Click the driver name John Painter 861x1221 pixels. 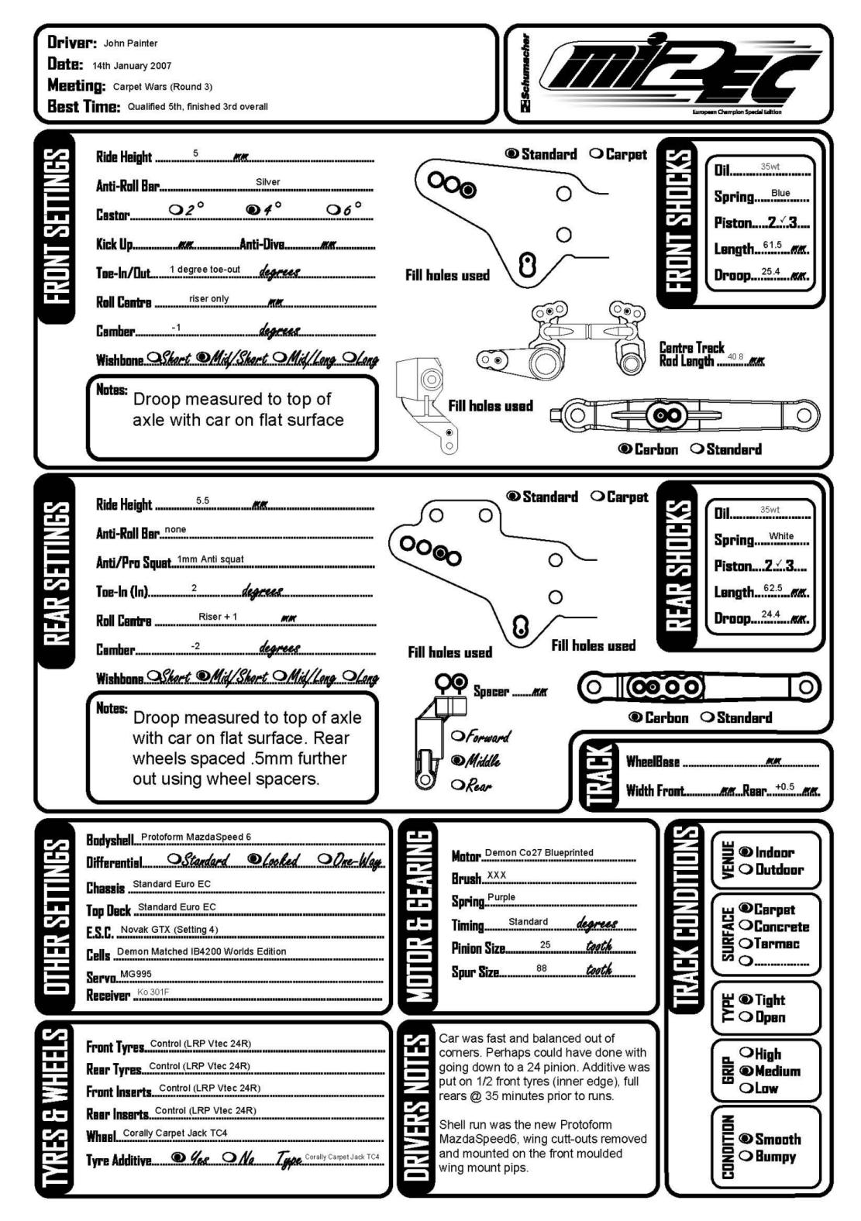tap(130, 43)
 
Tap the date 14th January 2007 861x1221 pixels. tap(132, 66)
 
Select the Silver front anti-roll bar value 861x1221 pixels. tap(267, 182)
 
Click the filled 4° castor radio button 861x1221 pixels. tap(252, 209)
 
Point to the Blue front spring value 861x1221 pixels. tap(780, 193)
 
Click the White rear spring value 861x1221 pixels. tap(781, 536)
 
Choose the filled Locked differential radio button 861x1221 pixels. tap(253, 860)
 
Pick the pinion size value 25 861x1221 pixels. tap(546, 944)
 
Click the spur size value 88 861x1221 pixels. tap(541, 968)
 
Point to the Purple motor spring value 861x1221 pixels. tap(501, 897)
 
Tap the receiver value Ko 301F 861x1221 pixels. tap(153, 992)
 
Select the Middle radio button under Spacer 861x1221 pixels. tap(457, 761)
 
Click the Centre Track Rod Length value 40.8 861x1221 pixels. tap(735, 357)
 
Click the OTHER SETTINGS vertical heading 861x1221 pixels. tap(57, 917)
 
